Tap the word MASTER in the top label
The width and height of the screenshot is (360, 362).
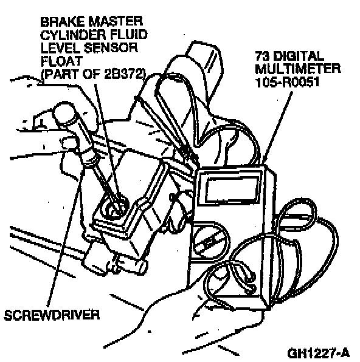(116, 22)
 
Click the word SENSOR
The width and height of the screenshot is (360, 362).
(110, 48)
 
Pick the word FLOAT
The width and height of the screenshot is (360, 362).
(61, 61)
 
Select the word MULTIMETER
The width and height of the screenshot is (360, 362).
(298, 69)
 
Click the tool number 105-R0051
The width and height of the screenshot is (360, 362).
(287, 82)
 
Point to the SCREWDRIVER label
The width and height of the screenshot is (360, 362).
(52, 315)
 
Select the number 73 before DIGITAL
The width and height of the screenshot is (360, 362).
(263, 56)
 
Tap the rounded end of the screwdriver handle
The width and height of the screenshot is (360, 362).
(63, 111)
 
